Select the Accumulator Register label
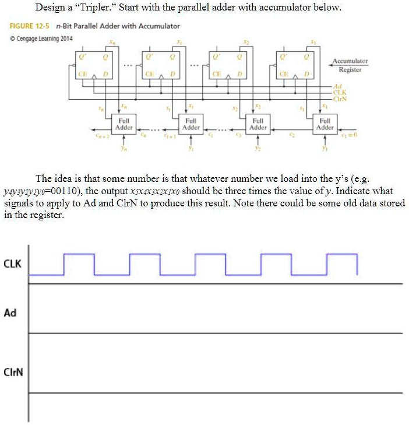(350, 65)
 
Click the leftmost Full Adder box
(124, 124)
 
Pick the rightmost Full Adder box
(325, 124)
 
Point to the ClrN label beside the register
(339, 97)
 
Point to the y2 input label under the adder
(258, 147)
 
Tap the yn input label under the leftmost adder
(124, 147)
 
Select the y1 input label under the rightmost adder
(325, 147)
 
